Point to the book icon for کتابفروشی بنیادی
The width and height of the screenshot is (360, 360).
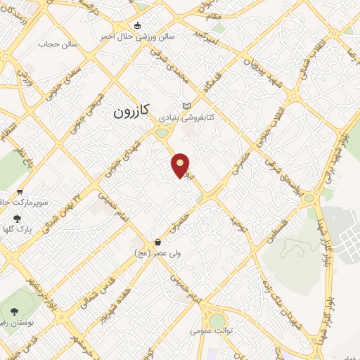click(186, 106)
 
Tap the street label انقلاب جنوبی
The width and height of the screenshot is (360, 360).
click(276, 124)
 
